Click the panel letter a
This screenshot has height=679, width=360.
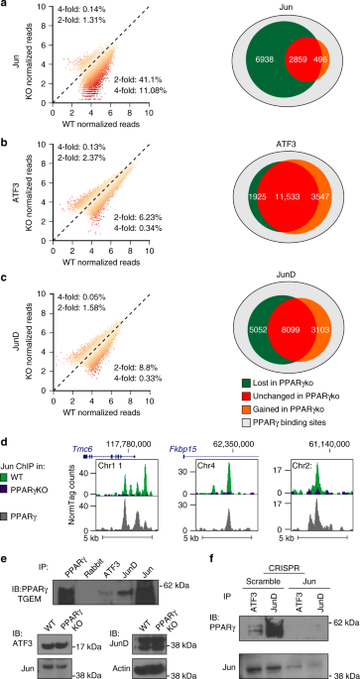(6, 7)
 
